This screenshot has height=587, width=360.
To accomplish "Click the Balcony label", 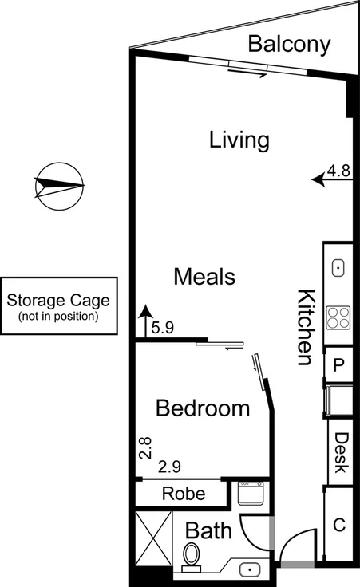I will click(x=288, y=44).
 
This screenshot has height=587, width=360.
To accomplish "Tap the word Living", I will click(x=239, y=140).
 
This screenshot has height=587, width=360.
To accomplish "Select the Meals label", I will click(x=204, y=277).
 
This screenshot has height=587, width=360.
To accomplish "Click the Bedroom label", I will click(x=202, y=408).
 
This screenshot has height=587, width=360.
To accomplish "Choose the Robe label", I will click(x=183, y=494).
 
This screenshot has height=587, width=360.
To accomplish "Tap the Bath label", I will click(x=208, y=530).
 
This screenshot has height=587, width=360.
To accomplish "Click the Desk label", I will click(x=341, y=452).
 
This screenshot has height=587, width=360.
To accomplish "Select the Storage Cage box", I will click(x=59, y=308).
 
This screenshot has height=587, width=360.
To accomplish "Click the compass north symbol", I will click(x=59, y=187).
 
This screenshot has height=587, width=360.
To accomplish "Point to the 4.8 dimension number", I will click(x=340, y=170).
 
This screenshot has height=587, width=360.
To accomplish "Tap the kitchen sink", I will click(x=338, y=268).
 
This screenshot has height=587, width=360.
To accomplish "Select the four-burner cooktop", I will click(x=338, y=317).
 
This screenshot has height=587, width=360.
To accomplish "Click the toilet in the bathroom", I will click(x=192, y=555).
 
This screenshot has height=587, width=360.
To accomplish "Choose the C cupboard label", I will click(x=338, y=525).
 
